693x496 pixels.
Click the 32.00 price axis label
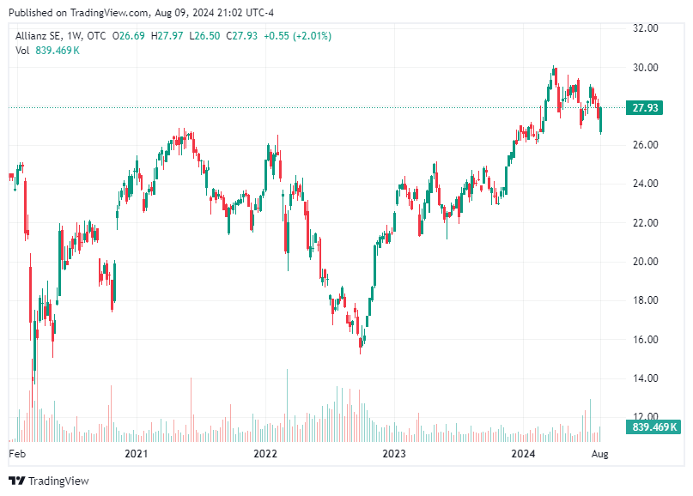click(646, 28)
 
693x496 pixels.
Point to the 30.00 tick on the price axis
click(646, 67)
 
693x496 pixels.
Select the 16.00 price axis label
click(646, 339)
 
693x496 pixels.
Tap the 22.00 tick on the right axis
click(646, 222)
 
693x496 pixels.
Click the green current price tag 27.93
click(645, 108)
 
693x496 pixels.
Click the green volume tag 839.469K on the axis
click(654, 426)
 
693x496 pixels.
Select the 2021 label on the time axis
click(136, 451)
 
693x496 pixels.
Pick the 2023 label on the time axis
click(393, 451)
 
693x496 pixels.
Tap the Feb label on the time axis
click(17, 451)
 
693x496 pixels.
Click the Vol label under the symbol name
click(23, 51)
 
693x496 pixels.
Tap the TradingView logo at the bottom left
click(49, 481)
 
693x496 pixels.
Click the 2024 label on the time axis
click(523, 451)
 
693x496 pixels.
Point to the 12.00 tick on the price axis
click(646, 416)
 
